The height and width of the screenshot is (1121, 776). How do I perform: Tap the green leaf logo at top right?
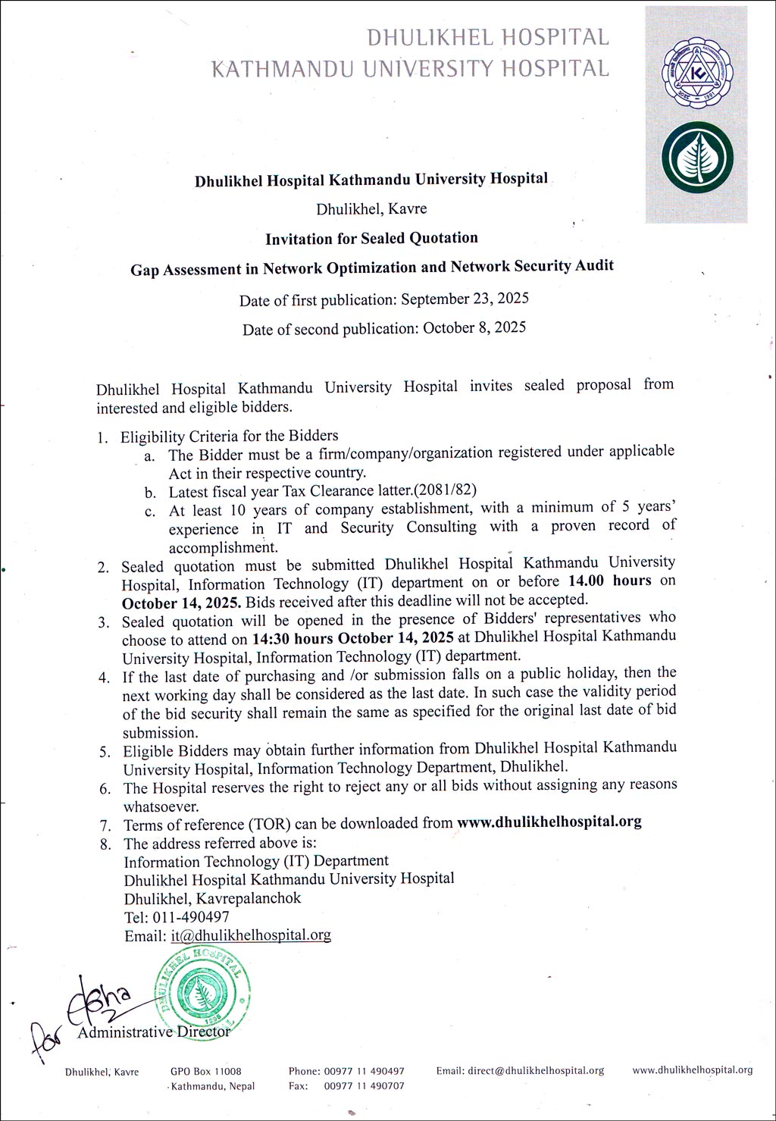point(696,158)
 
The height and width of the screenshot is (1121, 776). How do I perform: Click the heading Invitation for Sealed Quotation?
point(371,238)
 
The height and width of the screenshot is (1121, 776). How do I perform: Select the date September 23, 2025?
point(465,299)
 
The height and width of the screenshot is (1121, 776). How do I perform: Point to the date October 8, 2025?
point(474,328)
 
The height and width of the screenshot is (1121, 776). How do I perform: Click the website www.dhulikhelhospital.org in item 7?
point(549,822)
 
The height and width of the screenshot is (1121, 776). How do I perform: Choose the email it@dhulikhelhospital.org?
point(251,935)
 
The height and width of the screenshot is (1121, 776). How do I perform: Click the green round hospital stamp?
point(200,988)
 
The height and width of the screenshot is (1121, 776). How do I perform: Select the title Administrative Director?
point(154,1032)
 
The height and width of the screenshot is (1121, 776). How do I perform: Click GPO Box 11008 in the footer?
point(206,1071)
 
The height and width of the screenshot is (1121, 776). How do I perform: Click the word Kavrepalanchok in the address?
point(249,898)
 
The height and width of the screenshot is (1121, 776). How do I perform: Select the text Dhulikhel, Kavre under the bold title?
point(371,208)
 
